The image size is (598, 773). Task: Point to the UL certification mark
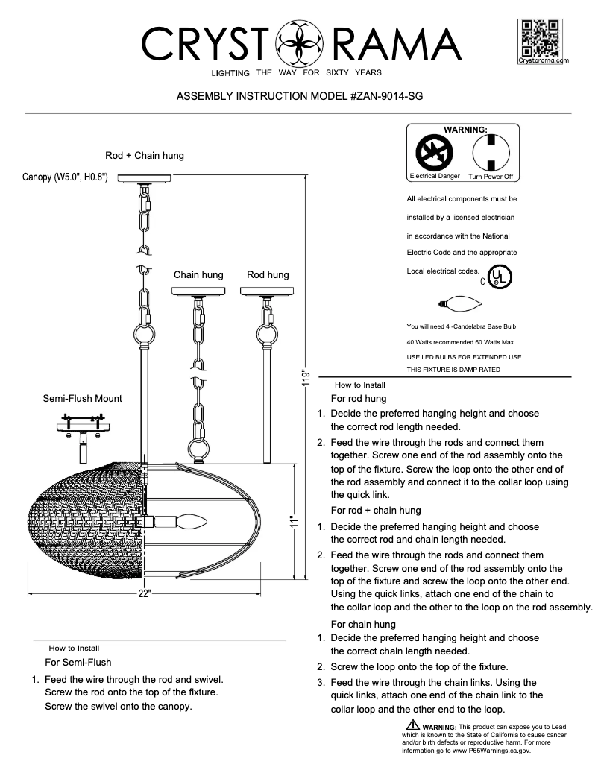tap(499, 277)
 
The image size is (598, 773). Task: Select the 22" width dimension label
tap(145, 594)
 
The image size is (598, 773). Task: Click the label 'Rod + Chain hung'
tap(145, 156)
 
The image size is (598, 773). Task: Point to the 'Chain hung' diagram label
tap(198, 275)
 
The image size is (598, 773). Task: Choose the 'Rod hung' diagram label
tap(268, 275)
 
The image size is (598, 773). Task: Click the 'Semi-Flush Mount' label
tap(83, 399)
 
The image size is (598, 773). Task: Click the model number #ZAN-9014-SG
tap(382, 97)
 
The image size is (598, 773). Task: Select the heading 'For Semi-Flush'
tap(78, 662)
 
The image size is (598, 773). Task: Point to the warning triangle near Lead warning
tap(412, 725)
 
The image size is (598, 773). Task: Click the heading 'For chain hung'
tap(363, 624)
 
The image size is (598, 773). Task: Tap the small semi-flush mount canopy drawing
tap(82, 428)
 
